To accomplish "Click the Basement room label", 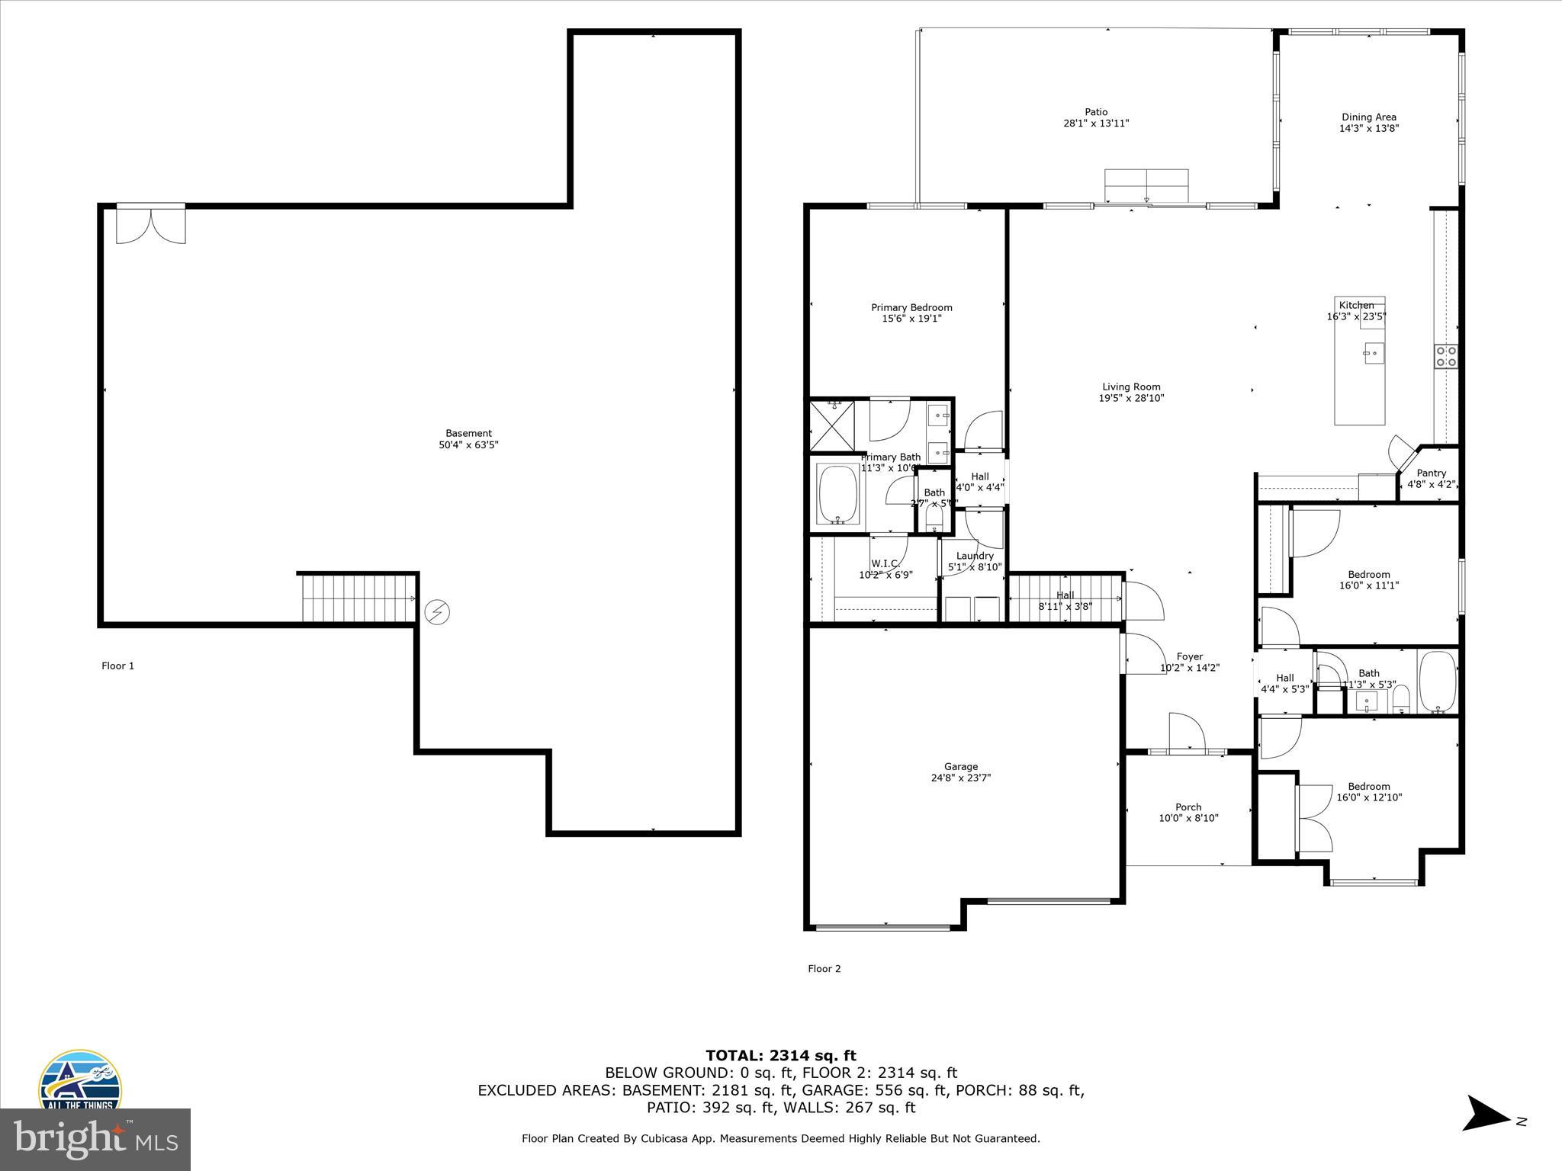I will [468, 433].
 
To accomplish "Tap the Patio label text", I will [1096, 112].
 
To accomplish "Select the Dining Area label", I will [1369, 117].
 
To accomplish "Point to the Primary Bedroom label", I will [911, 307].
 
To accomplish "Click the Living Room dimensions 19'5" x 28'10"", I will [1131, 398].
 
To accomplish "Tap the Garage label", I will [960, 766].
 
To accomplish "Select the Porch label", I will [1188, 807].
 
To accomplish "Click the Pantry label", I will [1432, 473].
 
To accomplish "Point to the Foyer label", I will [1190, 656].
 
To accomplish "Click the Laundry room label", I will [975, 556].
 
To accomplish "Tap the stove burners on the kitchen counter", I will [1446, 356].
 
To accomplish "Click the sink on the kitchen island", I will [1374, 354].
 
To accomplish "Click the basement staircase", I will [357, 598].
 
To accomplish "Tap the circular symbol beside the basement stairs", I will [437, 611].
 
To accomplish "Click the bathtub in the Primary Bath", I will [838, 494].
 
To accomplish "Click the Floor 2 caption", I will [824, 968].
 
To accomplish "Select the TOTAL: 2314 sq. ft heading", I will [780, 1055].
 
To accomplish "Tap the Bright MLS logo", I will [95, 1140].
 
